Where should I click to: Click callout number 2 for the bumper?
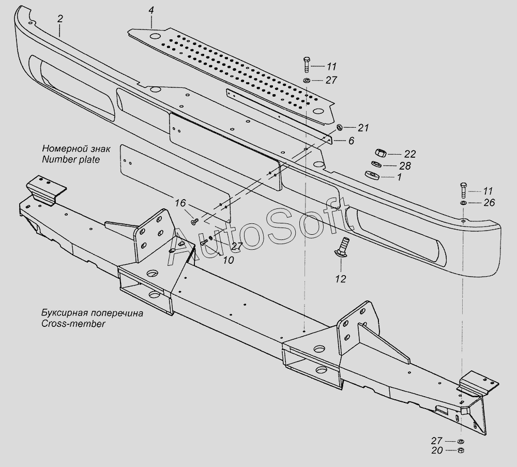tap(60, 19)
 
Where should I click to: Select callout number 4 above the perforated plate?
tap(150, 10)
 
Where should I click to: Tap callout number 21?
tap(364, 128)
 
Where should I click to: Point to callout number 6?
tap(351, 140)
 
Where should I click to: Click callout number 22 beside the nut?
tap(410, 154)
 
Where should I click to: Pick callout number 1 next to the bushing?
tap(399, 177)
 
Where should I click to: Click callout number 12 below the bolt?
tap(340, 279)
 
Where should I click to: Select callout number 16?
tap(180, 203)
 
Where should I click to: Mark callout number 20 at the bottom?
tap(437, 451)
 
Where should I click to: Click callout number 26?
tap(489, 203)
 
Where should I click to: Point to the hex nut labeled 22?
tap(378, 154)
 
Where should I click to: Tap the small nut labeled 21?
tap(339, 127)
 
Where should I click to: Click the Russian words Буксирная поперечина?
tap(85, 313)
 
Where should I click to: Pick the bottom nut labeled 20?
tap(460, 451)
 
